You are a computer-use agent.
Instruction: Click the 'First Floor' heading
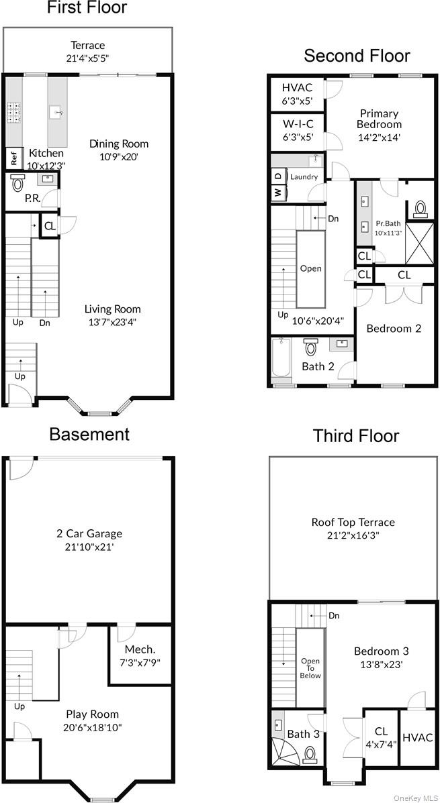(87, 9)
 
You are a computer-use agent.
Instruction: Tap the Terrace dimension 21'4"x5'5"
(88, 58)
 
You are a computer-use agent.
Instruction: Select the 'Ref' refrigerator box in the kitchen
(13, 158)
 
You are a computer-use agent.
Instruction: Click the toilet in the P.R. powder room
(18, 182)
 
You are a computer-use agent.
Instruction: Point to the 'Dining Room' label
(119, 144)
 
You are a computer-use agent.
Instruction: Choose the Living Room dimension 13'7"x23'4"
(112, 321)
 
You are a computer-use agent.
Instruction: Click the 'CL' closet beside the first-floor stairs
(50, 227)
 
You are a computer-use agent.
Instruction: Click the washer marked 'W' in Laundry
(277, 193)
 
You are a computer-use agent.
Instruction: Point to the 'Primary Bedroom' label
(379, 119)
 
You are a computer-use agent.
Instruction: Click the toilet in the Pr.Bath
(421, 209)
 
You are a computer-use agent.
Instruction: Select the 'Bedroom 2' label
(394, 328)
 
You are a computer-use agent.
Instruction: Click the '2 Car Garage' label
(89, 534)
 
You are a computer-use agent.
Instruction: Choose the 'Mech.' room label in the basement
(140, 649)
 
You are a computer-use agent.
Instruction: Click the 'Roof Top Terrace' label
(353, 522)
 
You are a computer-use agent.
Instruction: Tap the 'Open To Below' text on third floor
(310, 668)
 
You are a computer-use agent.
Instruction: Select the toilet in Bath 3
(310, 755)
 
